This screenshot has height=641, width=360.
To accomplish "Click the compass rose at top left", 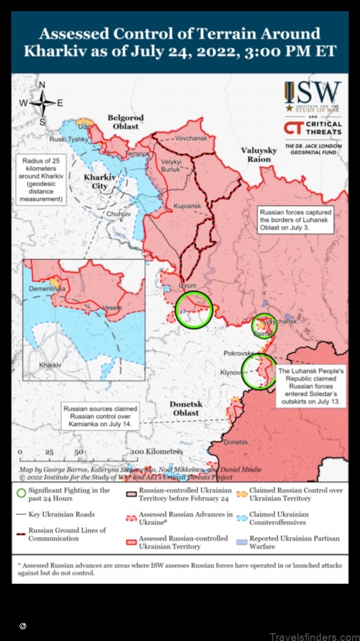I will point(42,102).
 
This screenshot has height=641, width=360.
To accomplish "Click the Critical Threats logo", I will point(312,128).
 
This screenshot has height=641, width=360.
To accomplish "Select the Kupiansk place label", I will point(187,206).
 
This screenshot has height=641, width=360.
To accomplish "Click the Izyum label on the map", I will point(187,285).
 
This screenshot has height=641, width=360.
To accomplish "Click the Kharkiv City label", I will point(96,181).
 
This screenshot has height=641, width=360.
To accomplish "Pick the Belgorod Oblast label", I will point(126,122).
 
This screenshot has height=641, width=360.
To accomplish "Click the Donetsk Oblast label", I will point(185,408).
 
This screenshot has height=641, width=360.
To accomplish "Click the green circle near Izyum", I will point(194,309).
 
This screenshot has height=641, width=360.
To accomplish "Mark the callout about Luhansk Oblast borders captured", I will point(295,220).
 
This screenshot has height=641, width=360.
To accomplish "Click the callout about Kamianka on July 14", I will point(100,417).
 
